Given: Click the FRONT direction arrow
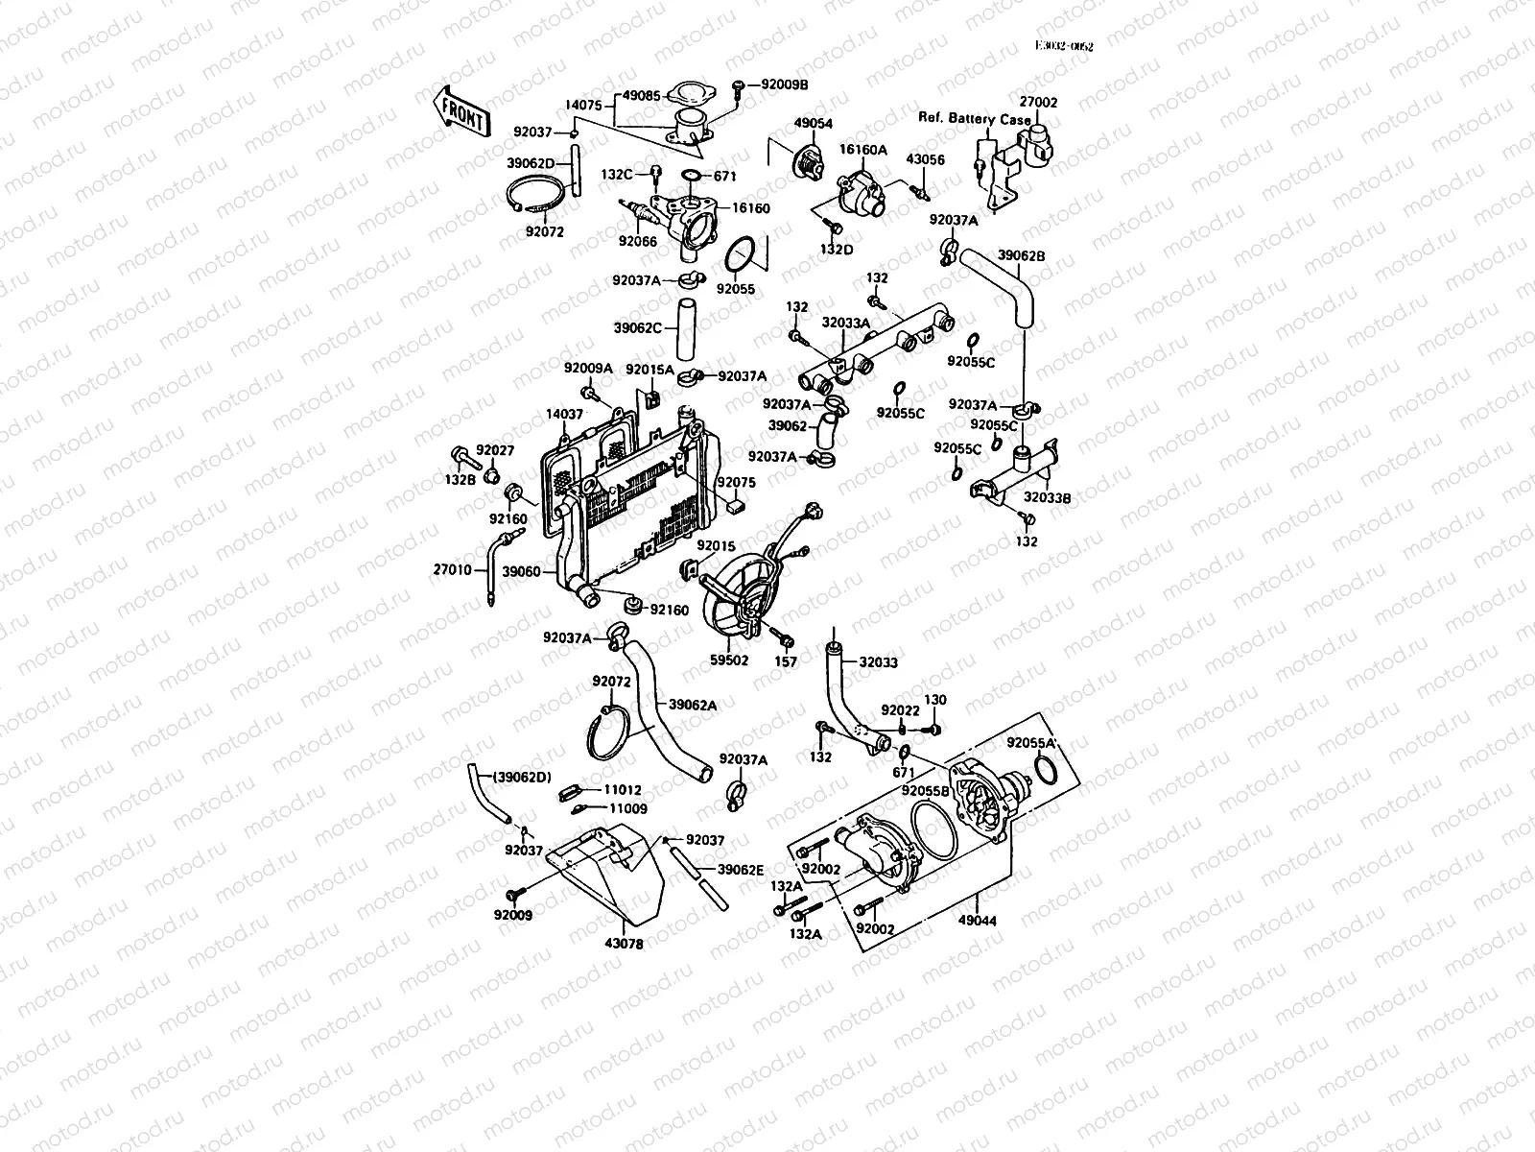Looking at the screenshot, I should coord(461,110).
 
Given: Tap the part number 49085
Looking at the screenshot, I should coord(642,96).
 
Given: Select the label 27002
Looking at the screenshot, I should coord(1038,102).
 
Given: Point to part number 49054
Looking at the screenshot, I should coord(813,124).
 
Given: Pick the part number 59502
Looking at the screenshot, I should coord(728,660).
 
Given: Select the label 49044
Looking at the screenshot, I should coord(978,922).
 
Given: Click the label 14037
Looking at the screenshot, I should coord(565,414).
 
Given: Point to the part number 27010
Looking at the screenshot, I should coord(452,569).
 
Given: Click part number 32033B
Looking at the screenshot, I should coord(1047,499).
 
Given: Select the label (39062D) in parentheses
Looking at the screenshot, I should coord(522,776).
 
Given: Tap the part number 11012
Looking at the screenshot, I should coord(622,789).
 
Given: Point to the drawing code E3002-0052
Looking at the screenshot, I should coord(1063,45).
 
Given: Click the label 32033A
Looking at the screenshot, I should coord(845,324).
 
